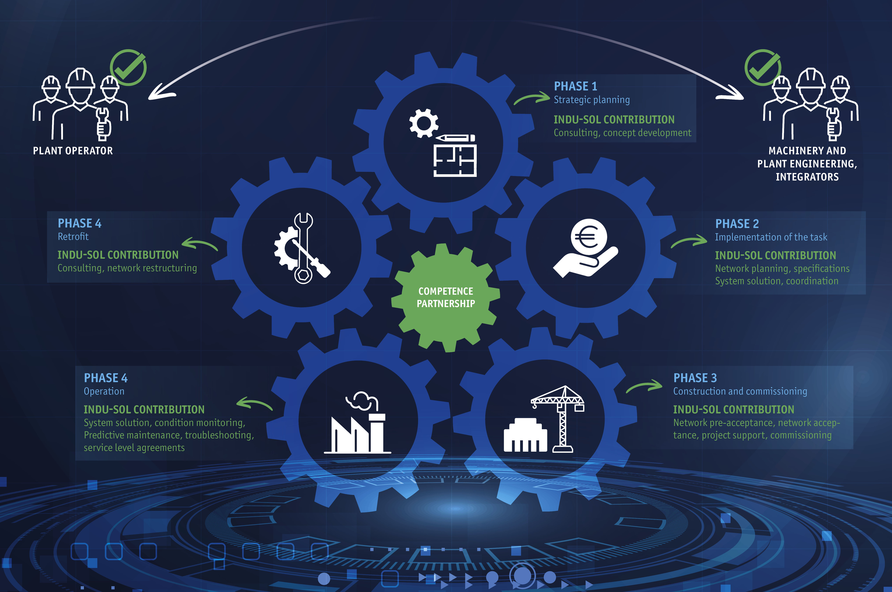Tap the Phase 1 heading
576,86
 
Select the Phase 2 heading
737,224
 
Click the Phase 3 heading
695,378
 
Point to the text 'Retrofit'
73,237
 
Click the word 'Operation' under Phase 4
104,392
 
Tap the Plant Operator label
73,151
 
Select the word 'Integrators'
807,177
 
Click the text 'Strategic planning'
592,100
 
